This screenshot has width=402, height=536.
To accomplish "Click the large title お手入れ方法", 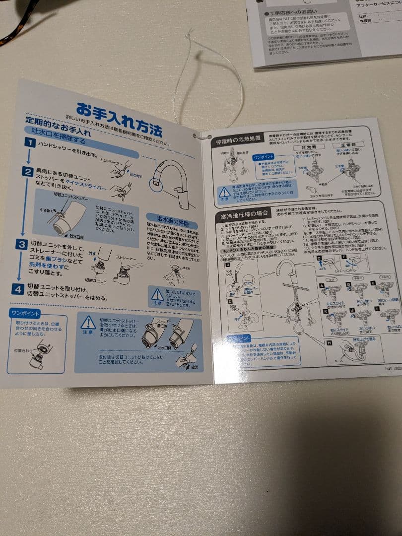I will pyautogui.click(x=119, y=119).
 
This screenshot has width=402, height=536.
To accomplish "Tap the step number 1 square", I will pyautogui.click(x=30, y=143).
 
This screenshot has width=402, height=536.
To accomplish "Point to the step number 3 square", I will pyautogui.click(x=22, y=244).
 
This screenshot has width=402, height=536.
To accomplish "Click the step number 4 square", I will pyautogui.click(x=18, y=288).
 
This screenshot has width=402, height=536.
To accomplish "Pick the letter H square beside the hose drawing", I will pyautogui.click(x=329, y=343).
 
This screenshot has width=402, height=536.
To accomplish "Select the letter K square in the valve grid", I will pyautogui.click(x=325, y=311).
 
